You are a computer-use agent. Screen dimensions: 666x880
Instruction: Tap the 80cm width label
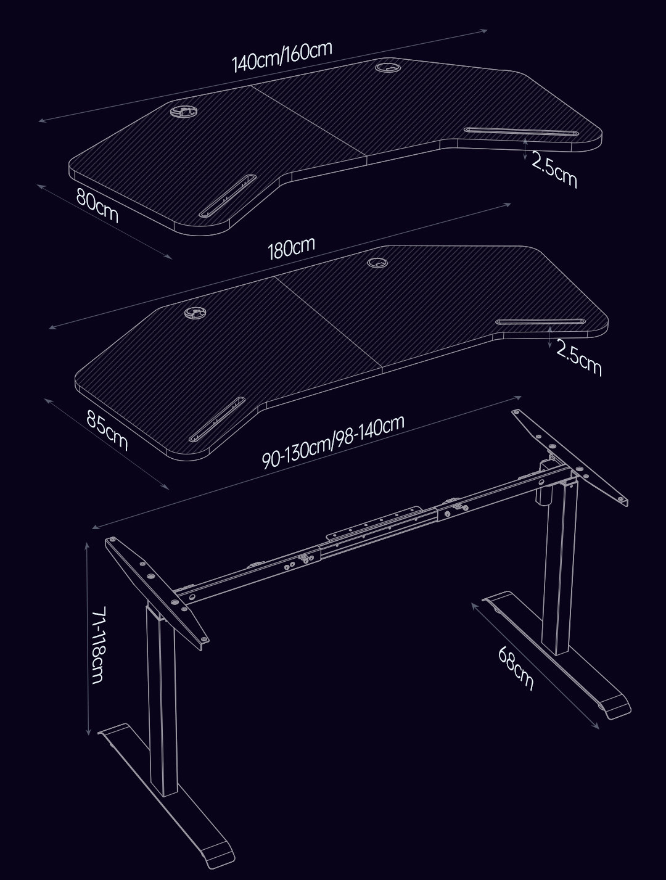97,206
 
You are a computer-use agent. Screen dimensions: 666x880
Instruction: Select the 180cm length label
291,248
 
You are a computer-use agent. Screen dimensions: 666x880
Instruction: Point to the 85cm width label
107,430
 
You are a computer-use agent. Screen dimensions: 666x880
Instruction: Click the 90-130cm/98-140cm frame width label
333,442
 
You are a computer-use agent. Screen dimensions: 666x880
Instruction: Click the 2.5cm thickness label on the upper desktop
554,170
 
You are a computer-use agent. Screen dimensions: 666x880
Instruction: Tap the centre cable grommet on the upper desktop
388,67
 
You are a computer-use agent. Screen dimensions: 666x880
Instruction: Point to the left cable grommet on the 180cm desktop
195,312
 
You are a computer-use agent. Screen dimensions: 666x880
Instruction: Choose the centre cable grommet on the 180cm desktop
377,263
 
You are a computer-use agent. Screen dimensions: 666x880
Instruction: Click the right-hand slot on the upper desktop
521,131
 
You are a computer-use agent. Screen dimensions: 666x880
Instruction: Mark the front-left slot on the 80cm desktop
227,195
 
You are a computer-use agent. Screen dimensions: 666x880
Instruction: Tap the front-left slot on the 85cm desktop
217,419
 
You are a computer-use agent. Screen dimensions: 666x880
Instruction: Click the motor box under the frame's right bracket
545,483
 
